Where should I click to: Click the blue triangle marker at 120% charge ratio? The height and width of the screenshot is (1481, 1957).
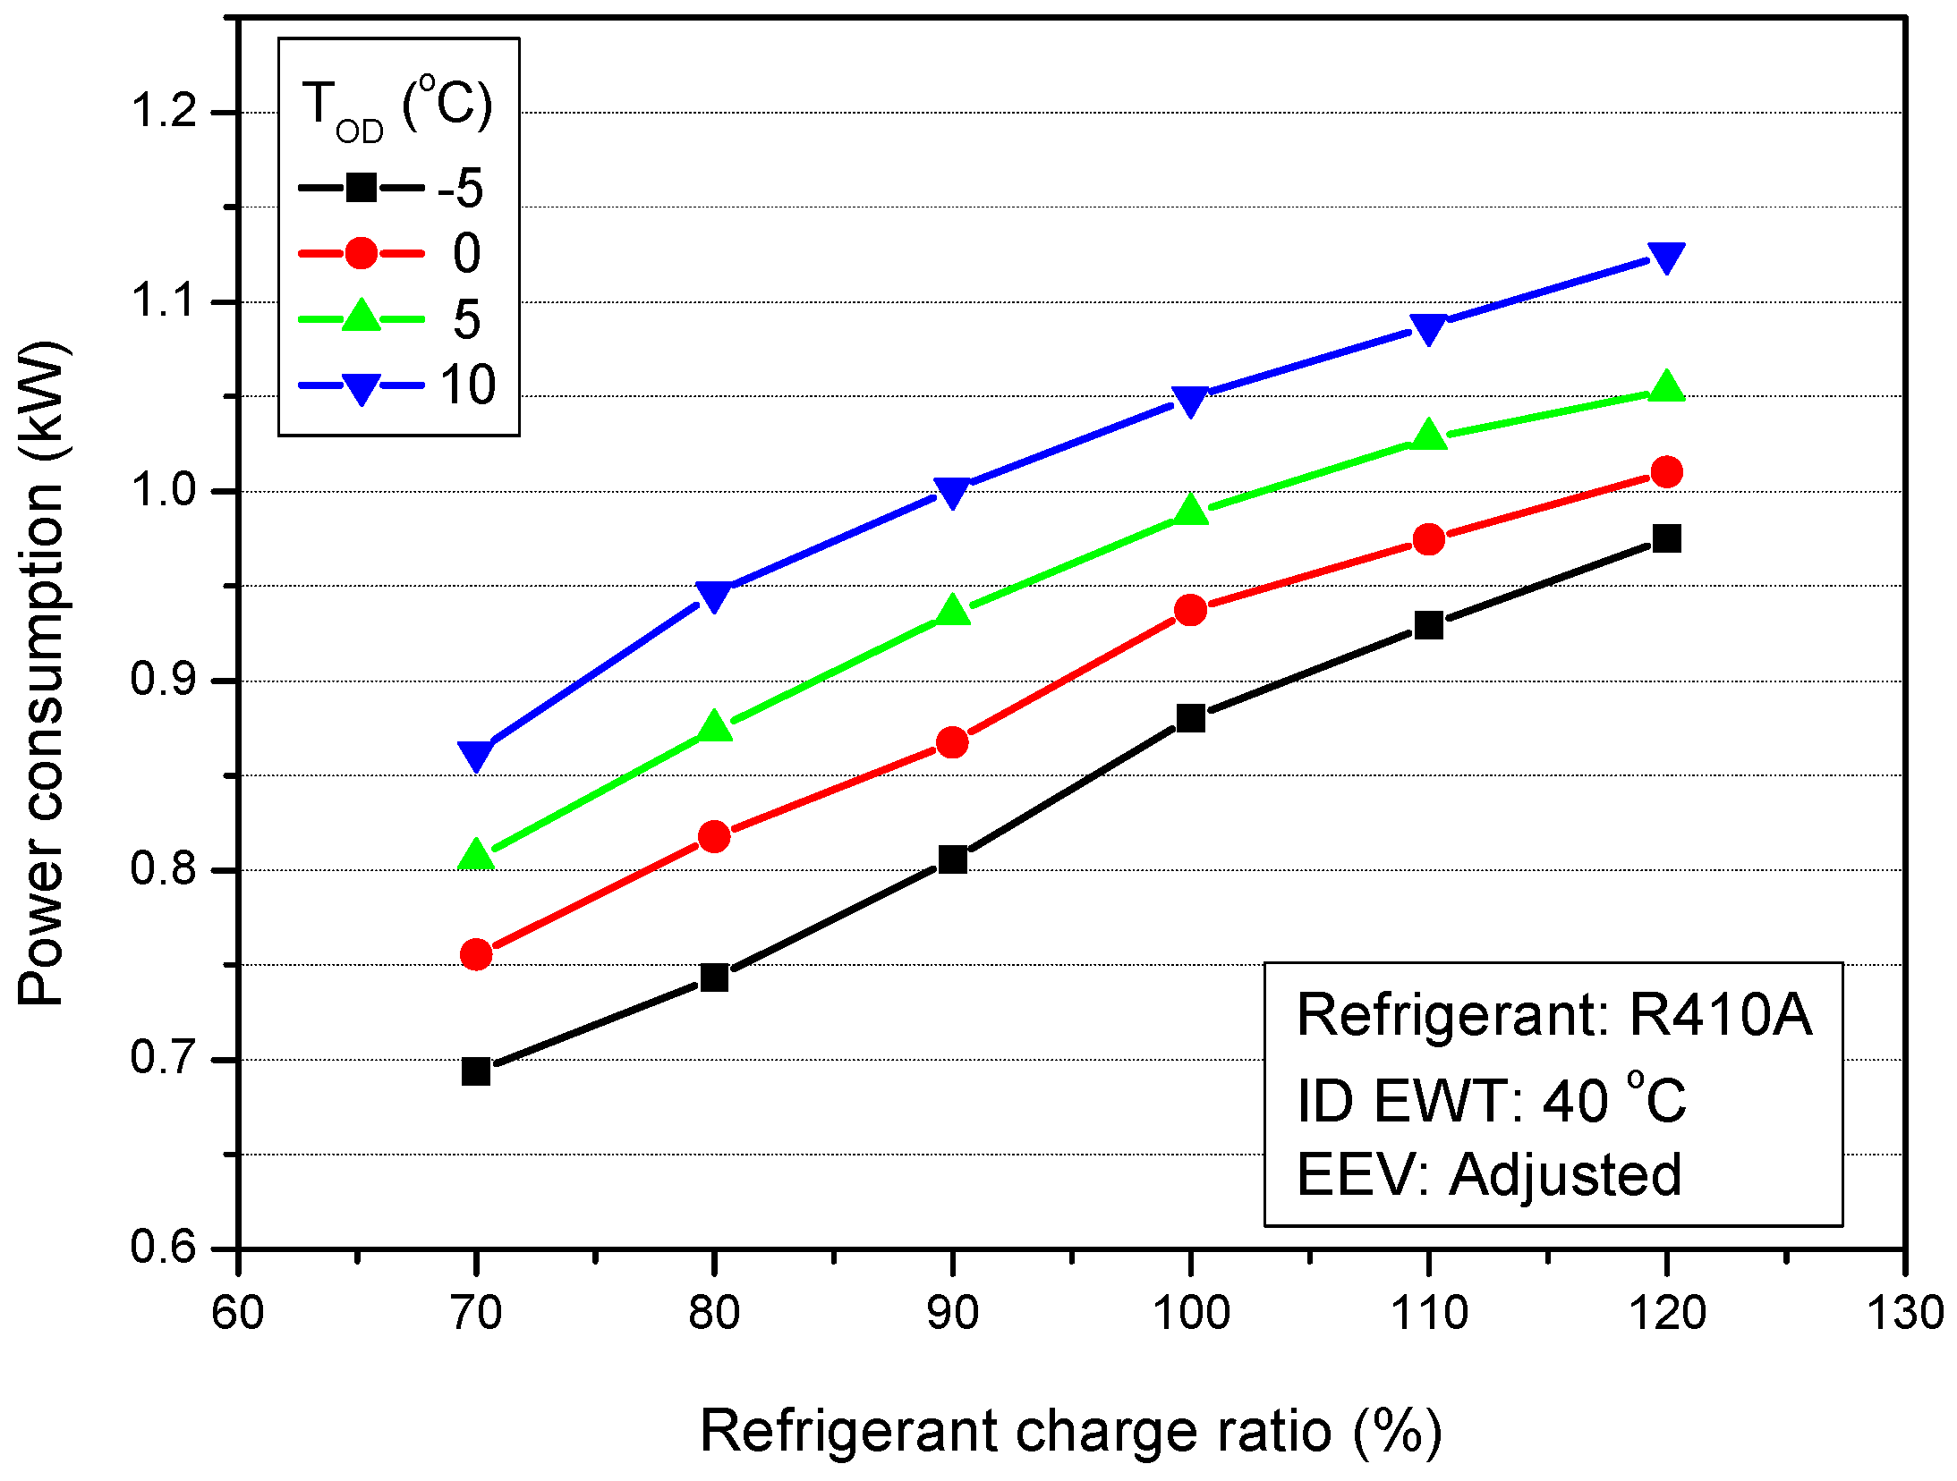click(x=1666, y=258)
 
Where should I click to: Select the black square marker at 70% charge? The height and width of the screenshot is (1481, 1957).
click(x=476, y=1071)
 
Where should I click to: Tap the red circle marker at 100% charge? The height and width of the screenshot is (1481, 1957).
click(x=1190, y=611)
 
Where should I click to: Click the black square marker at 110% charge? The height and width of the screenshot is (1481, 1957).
click(x=1429, y=624)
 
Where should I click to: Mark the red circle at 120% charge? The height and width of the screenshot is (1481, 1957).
click(x=1666, y=471)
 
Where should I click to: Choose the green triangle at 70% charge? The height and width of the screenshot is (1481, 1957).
click(x=476, y=855)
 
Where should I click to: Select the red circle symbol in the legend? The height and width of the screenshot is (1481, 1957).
click(x=361, y=253)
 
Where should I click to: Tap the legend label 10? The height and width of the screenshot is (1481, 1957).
click(x=467, y=385)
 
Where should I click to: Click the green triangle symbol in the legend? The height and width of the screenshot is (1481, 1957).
click(x=361, y=317)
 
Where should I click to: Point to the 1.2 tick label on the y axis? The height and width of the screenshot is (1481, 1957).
click(x=163, y=112)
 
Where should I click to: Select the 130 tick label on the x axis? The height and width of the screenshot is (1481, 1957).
click(x=1904, y=1314)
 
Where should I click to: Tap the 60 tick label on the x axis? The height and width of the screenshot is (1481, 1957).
click(x=238, y=1314)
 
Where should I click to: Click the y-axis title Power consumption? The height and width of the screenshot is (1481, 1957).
click(x=43, y=673)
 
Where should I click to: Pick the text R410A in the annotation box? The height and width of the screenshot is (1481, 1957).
click(x=1719, y=1014)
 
